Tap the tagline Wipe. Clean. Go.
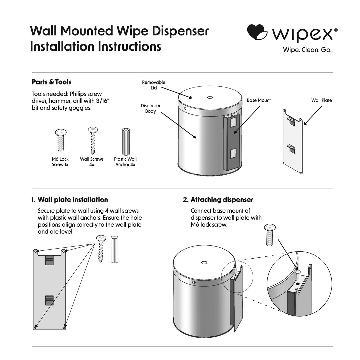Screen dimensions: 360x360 click(307, 50)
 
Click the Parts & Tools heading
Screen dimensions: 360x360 click(51, 82)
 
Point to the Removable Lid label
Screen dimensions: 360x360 click(154, 85)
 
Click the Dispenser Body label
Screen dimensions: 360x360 click(150, 108)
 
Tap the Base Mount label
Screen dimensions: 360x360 click(259, 100)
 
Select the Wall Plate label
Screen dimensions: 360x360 click(321, 100)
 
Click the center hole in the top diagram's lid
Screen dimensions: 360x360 click(210, 98)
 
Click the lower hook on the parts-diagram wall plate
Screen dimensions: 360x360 click(292, 147)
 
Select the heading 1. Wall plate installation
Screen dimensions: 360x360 click(69, 200)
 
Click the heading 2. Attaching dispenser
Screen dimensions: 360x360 click(218, 200)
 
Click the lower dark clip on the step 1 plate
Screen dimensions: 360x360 click(49, 300)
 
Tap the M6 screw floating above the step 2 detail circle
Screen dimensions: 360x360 click(269, 234)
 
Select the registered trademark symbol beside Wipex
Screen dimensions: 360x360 click(335, 30)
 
